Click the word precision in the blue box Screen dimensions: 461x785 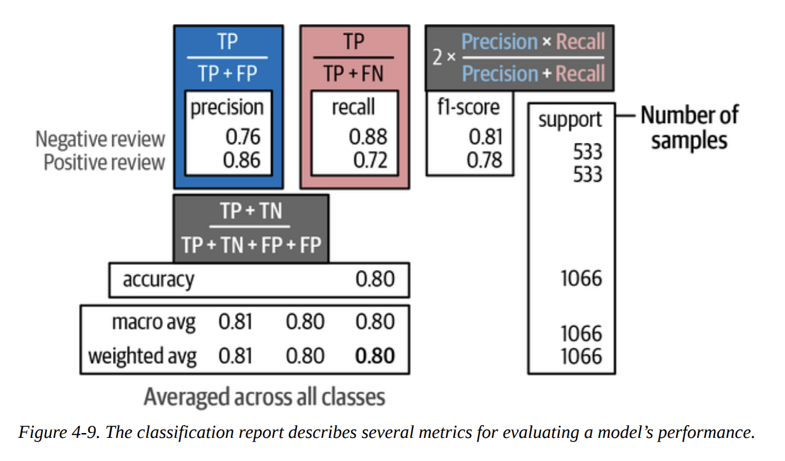(227, 108)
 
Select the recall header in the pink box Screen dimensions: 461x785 (354, 108)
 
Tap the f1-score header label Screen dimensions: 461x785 (468, 107)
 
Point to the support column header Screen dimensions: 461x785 (570, 120)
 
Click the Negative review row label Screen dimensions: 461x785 (100, 139)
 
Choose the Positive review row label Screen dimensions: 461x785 (104, 162)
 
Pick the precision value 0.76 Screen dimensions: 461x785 (242, 137)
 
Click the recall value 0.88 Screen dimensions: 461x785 (368, 137)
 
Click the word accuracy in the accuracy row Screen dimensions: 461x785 (159, 280)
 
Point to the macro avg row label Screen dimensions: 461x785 (154, 322)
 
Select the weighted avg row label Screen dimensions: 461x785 (142, 356)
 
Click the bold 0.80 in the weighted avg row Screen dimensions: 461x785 (375, 356)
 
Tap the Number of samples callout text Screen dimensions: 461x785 (689, 128)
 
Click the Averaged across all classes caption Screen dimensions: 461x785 (264, 397)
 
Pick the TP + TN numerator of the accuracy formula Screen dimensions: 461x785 (251, 211)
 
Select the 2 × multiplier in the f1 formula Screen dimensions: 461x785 (442, 58)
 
